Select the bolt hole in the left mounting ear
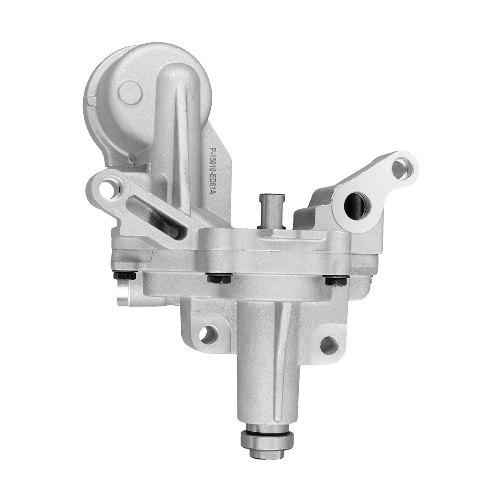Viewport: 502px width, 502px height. tap(110, 187)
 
